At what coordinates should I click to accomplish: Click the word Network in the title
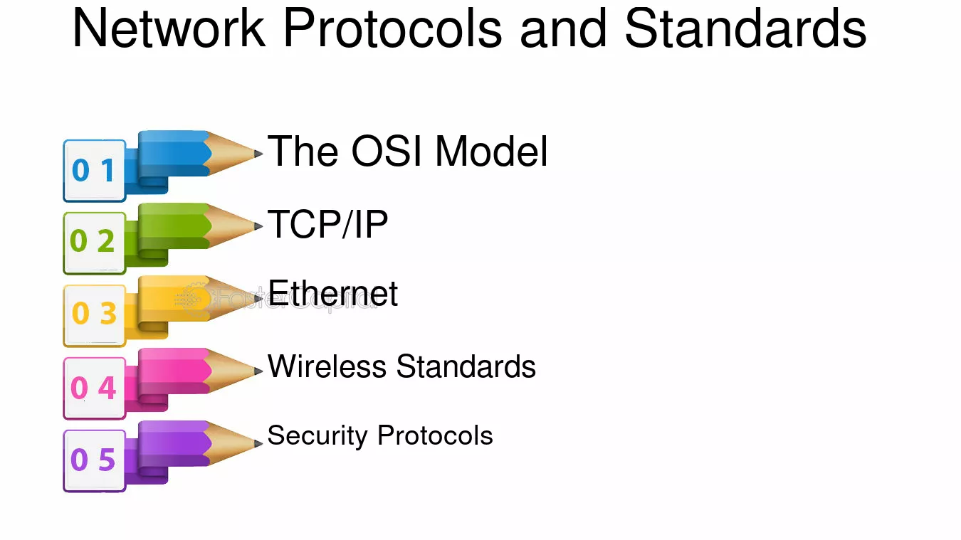point(169,28)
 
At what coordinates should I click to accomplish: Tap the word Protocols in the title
point(392,28)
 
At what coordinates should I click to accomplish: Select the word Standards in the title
point(745,28)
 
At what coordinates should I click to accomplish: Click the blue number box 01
point(95,171)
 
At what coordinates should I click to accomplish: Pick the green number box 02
point(95,243)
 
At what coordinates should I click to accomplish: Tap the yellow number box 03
point(95,316)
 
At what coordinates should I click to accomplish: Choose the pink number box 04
point(95,388)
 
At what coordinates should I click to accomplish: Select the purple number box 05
point(95,460)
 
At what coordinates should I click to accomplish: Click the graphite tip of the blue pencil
point(258,154)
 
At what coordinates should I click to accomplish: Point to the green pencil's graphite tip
point(258,226)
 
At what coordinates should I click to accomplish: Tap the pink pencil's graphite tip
point(258,371)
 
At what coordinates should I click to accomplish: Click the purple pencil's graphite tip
point(258,443)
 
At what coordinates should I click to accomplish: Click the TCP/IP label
point(327,224)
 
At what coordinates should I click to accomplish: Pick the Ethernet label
point(333,293)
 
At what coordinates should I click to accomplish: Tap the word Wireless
point(327,366)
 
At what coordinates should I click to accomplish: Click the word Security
point(317,436)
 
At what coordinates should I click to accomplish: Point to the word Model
point(491,152)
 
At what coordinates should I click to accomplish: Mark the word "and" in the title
point(563,28)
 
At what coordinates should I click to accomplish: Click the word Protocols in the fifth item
point(435,435)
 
